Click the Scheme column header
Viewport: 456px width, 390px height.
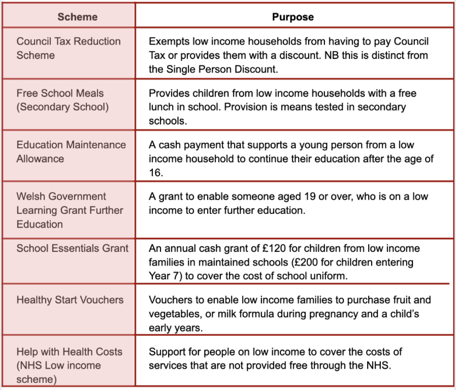click(x=77, y=17)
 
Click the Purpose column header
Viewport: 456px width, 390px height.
click(x=293, y=17)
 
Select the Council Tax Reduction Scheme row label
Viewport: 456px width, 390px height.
click(x=69, y=48)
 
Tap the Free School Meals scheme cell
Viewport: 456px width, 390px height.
click(x=62, y=100)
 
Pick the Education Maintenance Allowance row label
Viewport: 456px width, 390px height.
click(x=71, y=151)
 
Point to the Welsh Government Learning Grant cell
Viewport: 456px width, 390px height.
click(x=70, y=210)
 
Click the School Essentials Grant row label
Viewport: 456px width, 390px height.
click(x=73, y=248)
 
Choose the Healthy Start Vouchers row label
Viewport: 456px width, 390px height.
click(x=70, y=300)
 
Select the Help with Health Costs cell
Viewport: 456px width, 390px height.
click(x=69, y=365)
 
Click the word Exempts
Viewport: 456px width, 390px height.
click(x=168, y=42)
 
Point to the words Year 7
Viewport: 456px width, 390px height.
click(x=161, y=276)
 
